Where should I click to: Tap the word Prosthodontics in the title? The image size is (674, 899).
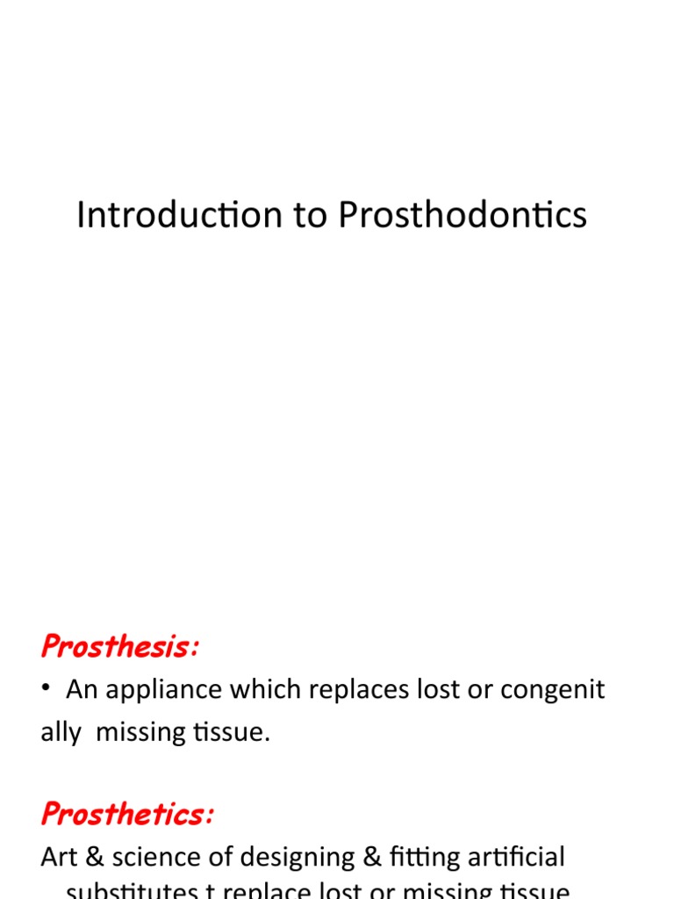pyautogui.click(x=462, y=215)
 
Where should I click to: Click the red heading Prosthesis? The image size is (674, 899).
pyautogui.click(x=120, y=648)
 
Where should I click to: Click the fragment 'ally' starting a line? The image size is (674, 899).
pyautogui.click(x=60, y=732)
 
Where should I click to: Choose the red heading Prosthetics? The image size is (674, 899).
pyautogui.click(x=127, y=814)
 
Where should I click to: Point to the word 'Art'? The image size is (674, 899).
pyautogui.click(x=58, y=856)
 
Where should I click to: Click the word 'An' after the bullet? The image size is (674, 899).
pyautogui.click(x=82, y=690)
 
